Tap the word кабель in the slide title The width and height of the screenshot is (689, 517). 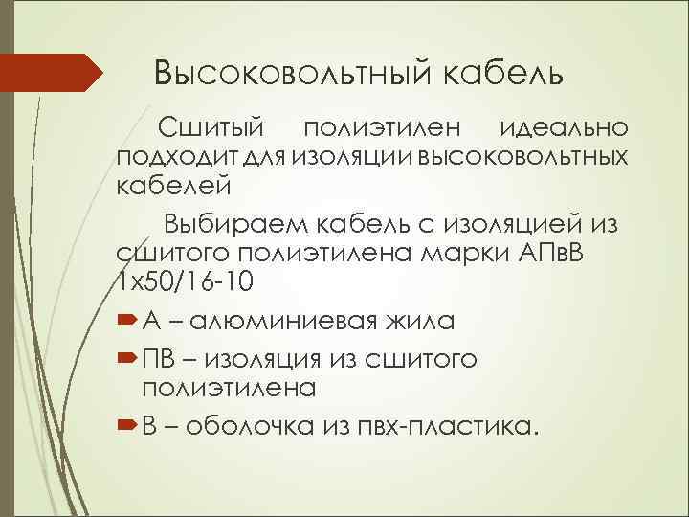point(498,73)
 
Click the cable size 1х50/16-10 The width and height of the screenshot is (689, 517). point(181,281)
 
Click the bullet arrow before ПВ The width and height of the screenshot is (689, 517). point(126,359)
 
